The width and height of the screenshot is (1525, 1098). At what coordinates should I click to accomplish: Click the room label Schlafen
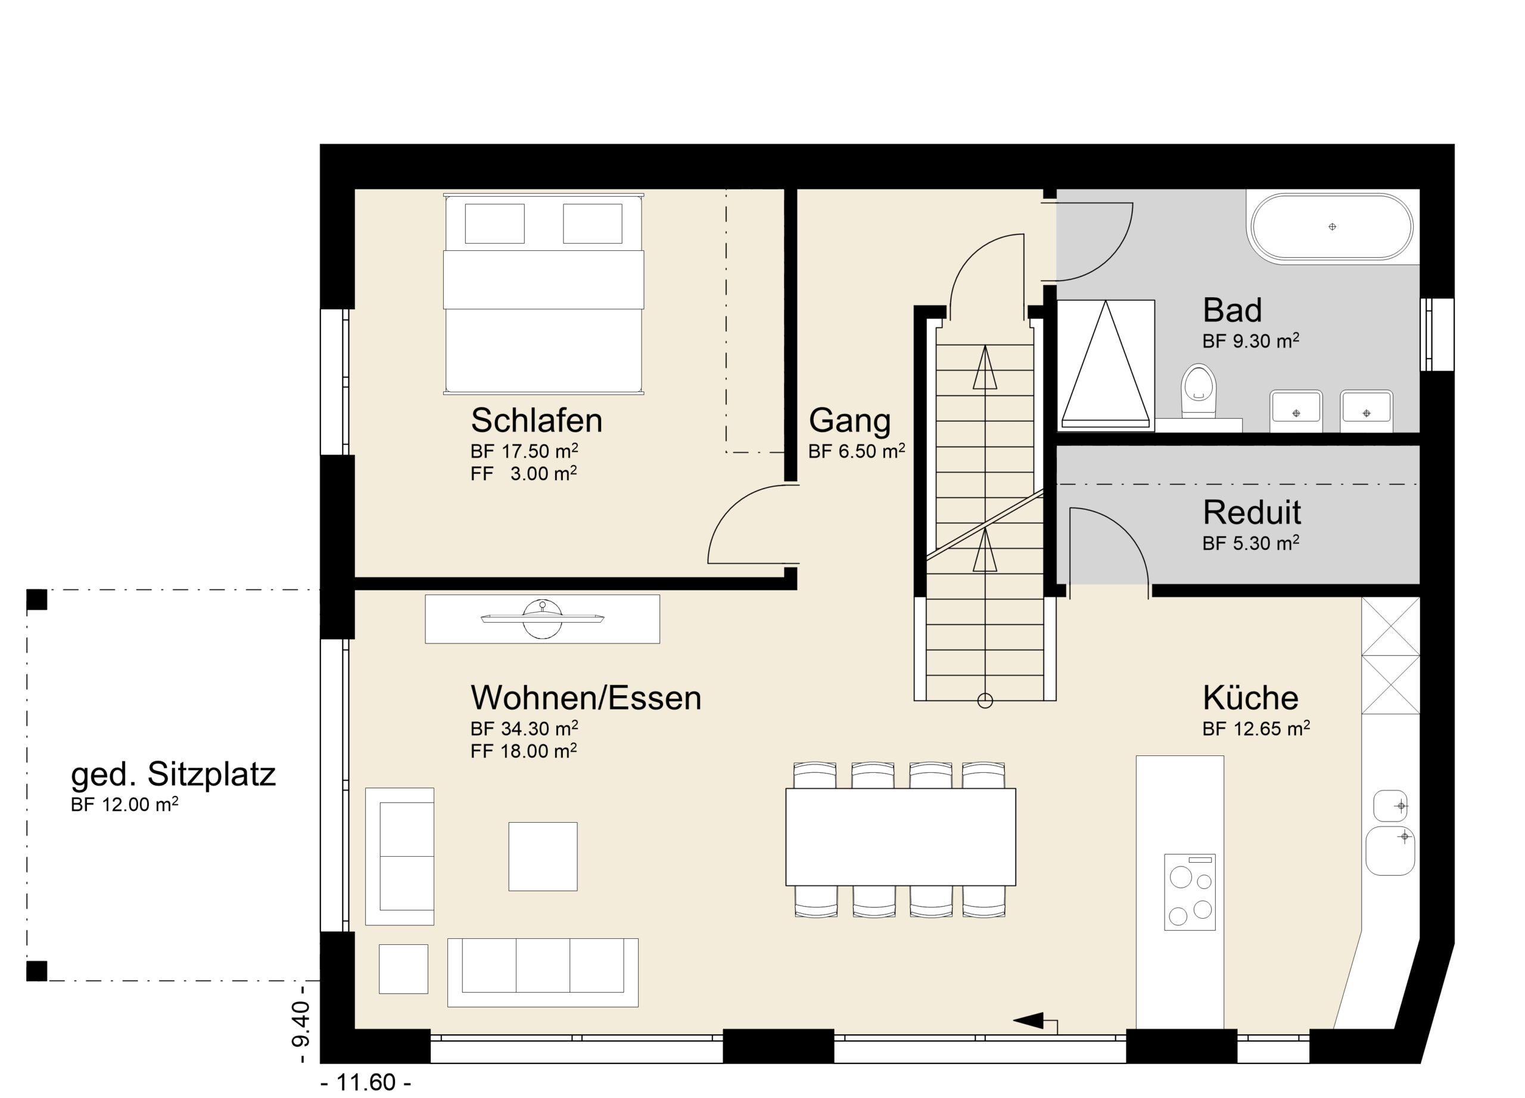coord(536,420)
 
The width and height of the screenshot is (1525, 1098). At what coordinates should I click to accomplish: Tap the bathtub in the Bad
coord(1331,226)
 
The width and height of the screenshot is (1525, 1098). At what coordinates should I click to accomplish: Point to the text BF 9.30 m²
coord(1250,341)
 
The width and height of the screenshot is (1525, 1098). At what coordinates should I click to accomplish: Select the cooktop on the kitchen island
coord(1190,892)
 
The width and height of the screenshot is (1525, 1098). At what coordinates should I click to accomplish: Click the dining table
coord(900,836)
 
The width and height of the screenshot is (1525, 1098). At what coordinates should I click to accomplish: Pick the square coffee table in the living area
coord(543,856)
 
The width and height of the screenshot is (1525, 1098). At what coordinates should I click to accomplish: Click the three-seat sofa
coord(543,972)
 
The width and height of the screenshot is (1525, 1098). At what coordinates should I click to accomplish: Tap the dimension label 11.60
coord(366,1083)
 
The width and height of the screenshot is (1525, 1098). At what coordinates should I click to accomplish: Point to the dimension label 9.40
coord(301,1024)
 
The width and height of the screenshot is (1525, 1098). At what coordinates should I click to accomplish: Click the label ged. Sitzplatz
coord(173,775)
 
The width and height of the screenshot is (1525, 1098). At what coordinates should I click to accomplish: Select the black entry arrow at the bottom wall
coord(1029,1020)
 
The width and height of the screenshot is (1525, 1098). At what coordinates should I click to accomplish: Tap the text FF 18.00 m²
coord(524,751)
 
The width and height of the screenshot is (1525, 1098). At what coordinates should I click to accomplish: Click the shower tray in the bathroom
coord(1106,365)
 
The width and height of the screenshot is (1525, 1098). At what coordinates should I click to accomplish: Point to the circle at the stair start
coord(985,701)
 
